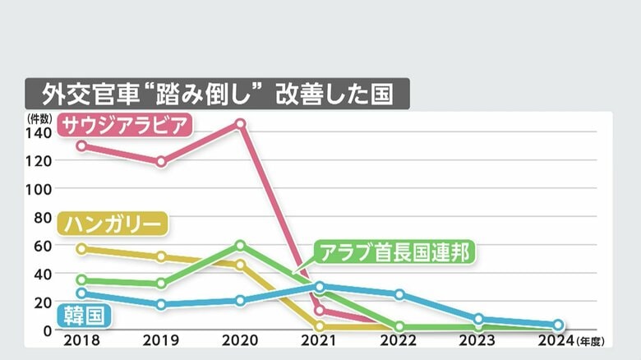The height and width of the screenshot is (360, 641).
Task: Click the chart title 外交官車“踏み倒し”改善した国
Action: (x=217, y=94)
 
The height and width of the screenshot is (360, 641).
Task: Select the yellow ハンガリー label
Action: (x=114, y=223)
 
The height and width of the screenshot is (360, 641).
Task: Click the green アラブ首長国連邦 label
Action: (x=395, y=252)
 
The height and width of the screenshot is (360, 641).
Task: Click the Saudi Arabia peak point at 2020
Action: (x=240, y=124)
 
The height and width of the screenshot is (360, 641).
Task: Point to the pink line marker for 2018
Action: (x=81, y=145)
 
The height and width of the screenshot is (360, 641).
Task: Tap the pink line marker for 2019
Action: (x=161, y=162)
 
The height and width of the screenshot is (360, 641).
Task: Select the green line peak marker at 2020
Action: (x=240, y=245)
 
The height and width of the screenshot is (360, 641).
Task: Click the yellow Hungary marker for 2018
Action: (x=81, y=249)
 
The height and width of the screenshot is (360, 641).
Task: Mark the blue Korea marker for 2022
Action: (x=399, y=294)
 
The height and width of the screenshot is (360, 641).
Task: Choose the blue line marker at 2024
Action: (x=558, y=325)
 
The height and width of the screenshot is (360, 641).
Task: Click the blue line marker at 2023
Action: (x=479, y=319)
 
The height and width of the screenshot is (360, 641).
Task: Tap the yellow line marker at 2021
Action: (x=320, y=326)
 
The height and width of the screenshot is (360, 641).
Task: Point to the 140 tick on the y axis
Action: (x=39, y=132)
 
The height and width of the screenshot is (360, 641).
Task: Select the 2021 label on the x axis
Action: (x=320, y=339)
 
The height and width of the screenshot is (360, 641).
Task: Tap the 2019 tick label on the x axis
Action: (x=161, y=339)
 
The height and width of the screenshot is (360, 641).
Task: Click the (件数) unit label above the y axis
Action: (x=39, y=118)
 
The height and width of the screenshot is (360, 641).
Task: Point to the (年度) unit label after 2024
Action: (x=590, y=340)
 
